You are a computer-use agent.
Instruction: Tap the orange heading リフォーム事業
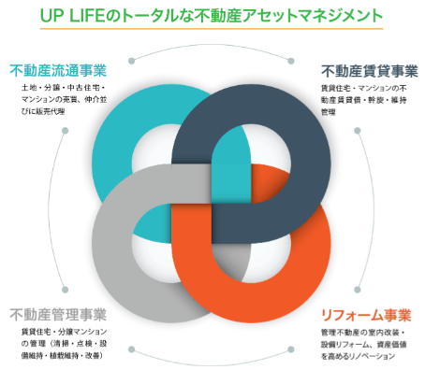coord(366,315)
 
